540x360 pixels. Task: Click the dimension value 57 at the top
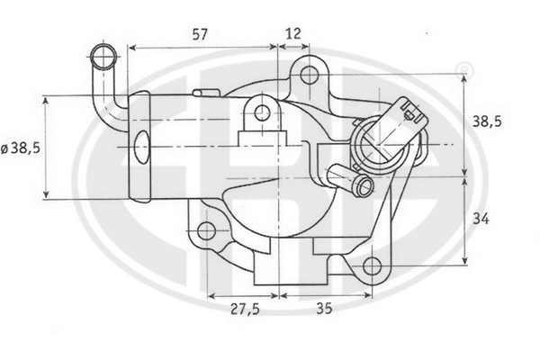(x=200, y=34)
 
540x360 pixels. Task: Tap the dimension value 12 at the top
(x=293, y=33)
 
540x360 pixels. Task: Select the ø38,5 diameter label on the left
(x=21, y=148)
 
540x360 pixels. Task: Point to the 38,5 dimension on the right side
(x=487, y=121)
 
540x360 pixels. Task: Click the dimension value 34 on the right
(x=481, y=219)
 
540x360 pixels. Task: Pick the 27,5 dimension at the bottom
(x=245, y=309)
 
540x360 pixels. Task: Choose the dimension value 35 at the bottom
(x=324, y=309)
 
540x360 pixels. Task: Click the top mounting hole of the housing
(x=310, y=75)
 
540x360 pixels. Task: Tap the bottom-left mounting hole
(x=207, y=230)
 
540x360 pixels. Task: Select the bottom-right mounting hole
(x=373, y=266)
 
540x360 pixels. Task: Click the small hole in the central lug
(x=263, y=112)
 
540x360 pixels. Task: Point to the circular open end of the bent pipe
(x=103, y=57)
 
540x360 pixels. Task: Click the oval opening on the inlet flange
(x=141, y=147)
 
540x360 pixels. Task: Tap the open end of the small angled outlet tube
(x=364, y=186)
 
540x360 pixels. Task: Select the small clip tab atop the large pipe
(x=206, y=93)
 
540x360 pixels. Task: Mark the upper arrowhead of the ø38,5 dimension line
(x=46, y=100)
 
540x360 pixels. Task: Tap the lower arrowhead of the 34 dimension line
(x=465, y=260)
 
